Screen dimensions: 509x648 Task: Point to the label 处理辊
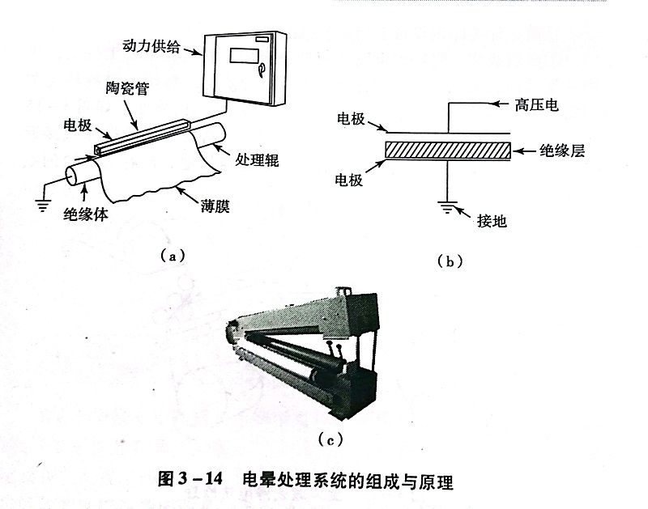coord(258,159)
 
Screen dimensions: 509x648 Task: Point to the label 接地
coord(492,220)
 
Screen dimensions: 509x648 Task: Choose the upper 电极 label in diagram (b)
coord(353,118)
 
